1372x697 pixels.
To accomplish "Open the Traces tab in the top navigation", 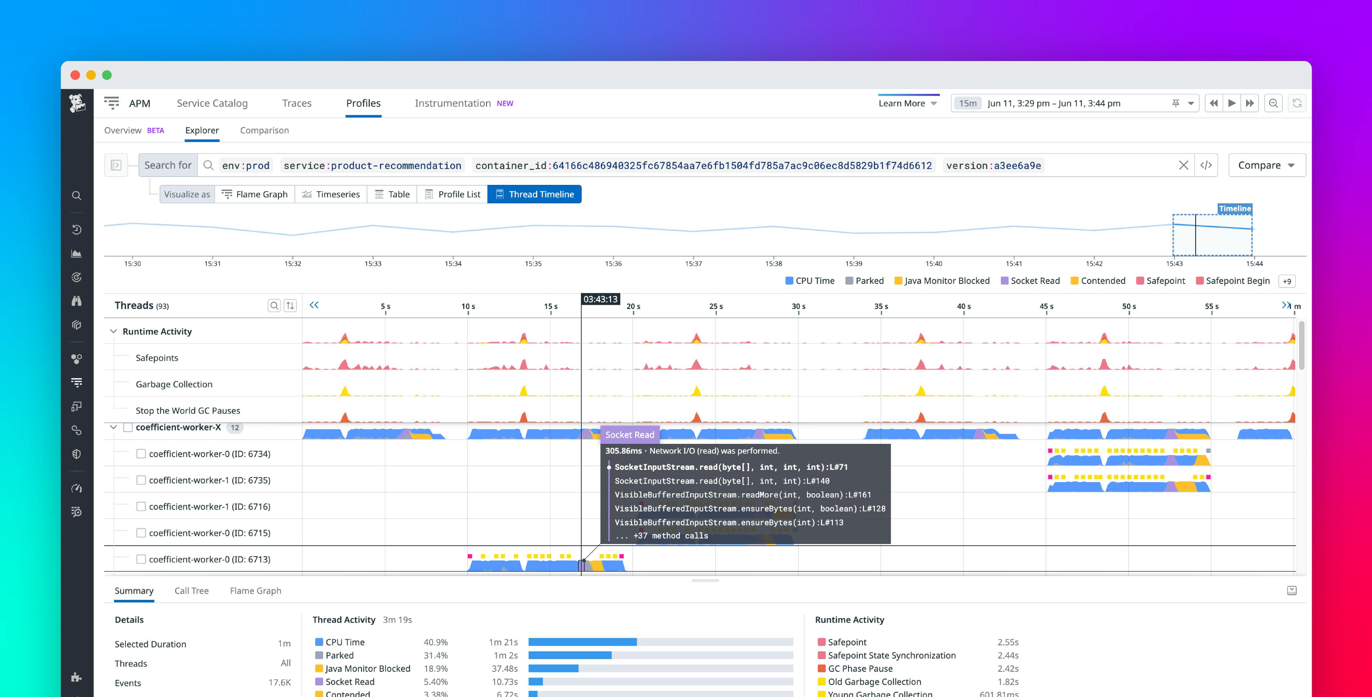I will tap(297, 103).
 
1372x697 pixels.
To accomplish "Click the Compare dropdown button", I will tap(1266, 165).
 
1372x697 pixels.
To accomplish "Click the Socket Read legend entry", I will tap(1030, 281).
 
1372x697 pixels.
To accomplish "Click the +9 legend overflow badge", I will tap(1287, 281).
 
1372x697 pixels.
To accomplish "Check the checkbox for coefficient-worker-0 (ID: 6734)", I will tap(141, 454).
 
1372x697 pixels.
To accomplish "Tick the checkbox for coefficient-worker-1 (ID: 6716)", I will tap(141, 507).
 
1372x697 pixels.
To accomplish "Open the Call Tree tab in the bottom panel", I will tap(191, 591).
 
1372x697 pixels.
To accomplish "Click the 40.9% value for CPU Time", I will tap(435, 642).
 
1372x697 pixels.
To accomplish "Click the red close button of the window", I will tap(75, 75).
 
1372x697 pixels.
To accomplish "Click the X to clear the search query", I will tap(1184, 165).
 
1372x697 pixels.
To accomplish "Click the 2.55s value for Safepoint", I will tap(1008, 642).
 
